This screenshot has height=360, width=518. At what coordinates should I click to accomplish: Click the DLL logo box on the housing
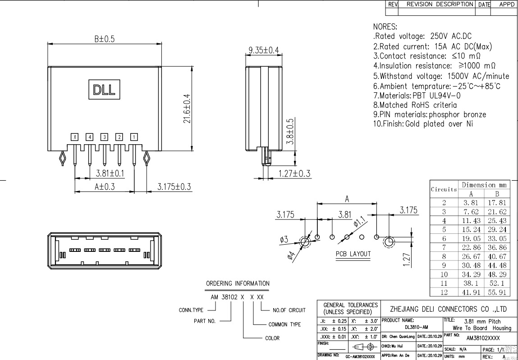[x=104, y=89]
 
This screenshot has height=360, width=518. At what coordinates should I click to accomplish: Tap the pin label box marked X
[x=75, y=137]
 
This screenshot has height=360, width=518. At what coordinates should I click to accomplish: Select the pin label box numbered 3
[x=105, y=137]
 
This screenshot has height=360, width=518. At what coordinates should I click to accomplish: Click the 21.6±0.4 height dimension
[x=187, y=108]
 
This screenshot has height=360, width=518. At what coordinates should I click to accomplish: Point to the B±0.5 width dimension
[x=105, y=39]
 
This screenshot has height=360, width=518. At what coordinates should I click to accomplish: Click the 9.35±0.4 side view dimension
[x=264, y=50]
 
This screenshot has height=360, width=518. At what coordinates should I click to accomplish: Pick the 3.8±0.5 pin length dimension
[x=290, y=131]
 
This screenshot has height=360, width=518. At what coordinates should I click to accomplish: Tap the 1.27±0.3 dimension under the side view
[x=294, y=173]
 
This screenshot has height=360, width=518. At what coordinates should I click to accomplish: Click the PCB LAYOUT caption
[x=353, y=254]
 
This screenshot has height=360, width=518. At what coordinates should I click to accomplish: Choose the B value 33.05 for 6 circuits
[x=497, y=238]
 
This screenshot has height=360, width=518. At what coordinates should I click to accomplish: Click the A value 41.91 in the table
[x=471, y=292]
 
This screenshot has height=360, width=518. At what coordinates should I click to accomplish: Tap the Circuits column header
[x=444, y=189]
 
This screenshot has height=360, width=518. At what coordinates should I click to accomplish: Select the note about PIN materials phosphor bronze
[x=430, y=114]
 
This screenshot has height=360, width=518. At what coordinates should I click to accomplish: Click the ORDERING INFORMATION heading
[x=238, y=283]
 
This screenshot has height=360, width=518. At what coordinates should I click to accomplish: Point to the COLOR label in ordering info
[x=272, y=338]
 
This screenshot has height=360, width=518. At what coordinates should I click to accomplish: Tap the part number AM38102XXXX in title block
[x=483, y=338]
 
